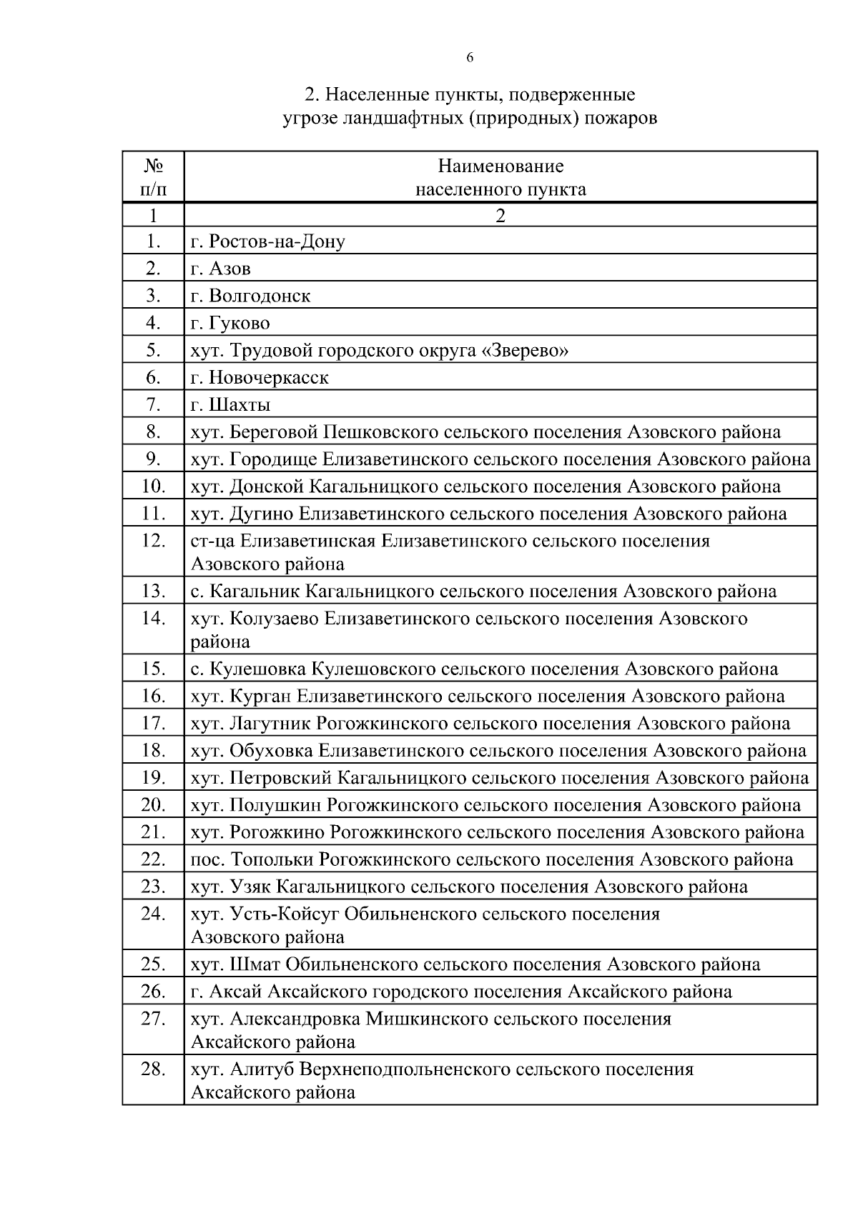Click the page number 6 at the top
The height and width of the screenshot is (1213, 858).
(x=470, y=58)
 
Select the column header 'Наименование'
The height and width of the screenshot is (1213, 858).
(x=500, y=166)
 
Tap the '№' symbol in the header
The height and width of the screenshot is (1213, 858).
(x=153, y=166)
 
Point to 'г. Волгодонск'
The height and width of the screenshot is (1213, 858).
(x=251, y=296)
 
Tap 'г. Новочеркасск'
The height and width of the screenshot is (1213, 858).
(x=260, y=377)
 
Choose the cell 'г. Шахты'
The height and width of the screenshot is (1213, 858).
(x=230, y=405)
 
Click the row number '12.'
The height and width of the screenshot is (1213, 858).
(x=153, y=541)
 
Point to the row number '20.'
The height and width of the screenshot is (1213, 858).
(x=153, y=805)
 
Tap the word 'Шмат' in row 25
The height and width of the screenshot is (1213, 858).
(x=255, y=964)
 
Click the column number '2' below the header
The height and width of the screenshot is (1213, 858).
(x=500, y=216)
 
